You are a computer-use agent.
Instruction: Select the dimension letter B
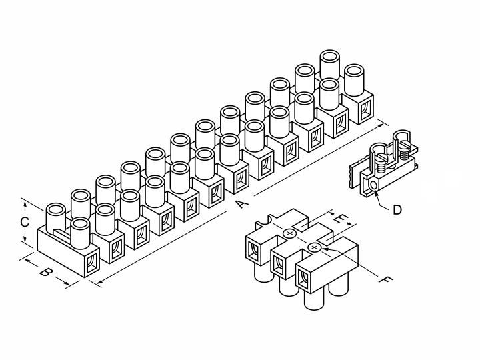[x=45, y=271]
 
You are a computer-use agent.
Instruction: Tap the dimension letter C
[x=25, y=222]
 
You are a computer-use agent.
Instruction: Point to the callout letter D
[x=397, y=210]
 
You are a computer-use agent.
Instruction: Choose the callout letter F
[x=385, y=279]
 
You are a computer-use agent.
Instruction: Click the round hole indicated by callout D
[x=373, y=185]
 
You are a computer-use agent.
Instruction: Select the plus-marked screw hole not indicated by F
[x=289, y=233]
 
